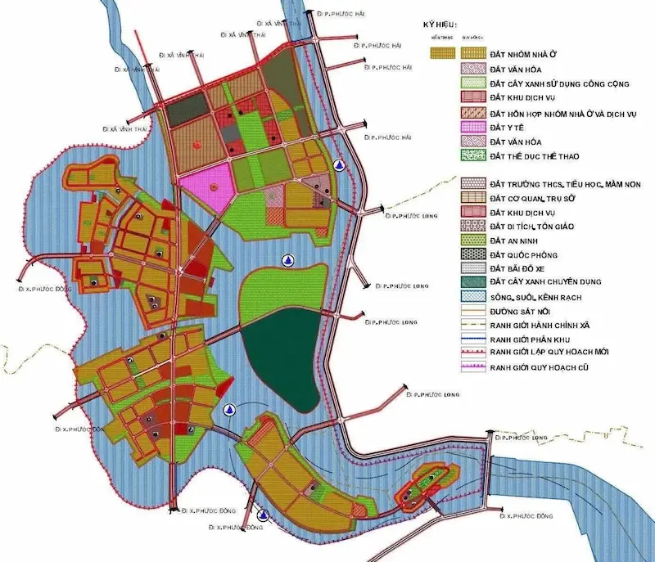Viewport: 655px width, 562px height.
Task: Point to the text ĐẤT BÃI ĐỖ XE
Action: [x=522, y=268]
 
